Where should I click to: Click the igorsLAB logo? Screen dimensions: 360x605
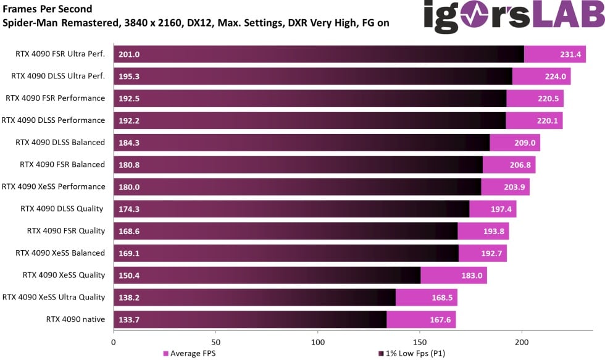coord(512,17)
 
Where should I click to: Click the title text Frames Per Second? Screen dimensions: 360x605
coord(48,9)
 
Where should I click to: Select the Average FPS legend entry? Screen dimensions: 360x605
coord(189,353)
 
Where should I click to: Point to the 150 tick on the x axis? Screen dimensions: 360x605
coord(420,340)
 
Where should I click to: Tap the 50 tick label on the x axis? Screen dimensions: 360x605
coord(215,340)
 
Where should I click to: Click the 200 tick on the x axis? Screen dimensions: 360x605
coord(522,340)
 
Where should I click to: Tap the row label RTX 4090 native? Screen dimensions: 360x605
coord(75,319)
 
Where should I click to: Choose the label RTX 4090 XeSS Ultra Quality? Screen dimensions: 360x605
coord(54,297)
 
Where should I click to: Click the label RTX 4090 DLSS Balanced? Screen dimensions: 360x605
coord(60,142)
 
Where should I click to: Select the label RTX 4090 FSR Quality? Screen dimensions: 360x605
coord(65,231)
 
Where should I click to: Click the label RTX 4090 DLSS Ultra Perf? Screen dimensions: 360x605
coord(58,76)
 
